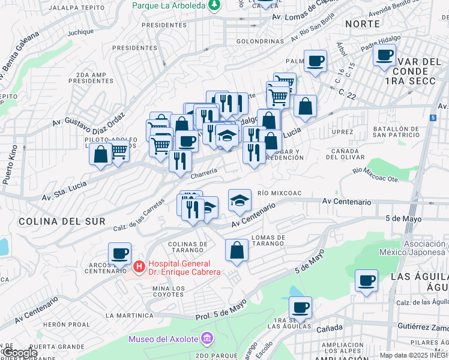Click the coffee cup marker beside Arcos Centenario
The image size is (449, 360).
119,253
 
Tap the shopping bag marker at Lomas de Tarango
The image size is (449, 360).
237,249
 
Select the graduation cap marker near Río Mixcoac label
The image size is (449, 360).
240,199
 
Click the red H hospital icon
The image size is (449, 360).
139,265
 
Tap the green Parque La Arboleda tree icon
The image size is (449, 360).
214,5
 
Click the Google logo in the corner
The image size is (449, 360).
20,353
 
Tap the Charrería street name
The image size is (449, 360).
203,174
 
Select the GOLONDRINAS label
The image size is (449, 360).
259,41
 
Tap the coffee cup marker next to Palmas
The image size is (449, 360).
315,61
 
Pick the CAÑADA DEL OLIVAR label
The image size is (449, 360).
345,153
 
